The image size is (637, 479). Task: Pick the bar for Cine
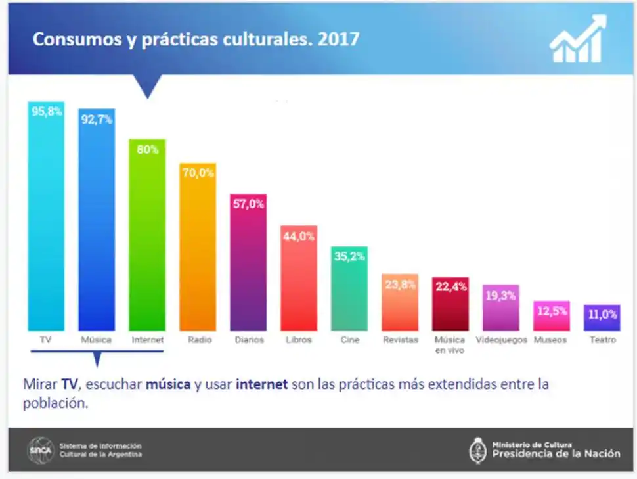pos(349,292)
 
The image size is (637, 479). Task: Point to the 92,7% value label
pos(97,120)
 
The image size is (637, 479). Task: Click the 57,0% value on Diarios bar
pos(248,204)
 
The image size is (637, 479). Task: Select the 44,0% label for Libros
pos(299,237)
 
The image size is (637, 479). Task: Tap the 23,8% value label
pos(400,285)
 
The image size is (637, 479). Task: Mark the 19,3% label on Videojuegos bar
pos(500,296)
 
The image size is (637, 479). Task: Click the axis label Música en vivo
pos(450,345)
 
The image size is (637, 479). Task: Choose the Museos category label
pos(550,340)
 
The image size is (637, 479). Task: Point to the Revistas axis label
pos(400,340)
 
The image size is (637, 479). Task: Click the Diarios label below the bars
pos(249,340)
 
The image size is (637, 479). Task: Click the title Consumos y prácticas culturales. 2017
pos(196,39)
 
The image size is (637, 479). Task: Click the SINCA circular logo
pos(39,450)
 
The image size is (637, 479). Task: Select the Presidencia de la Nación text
pos(556,453)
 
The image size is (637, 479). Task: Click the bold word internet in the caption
pos(262,384)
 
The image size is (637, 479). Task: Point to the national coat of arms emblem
pos(477,450)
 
